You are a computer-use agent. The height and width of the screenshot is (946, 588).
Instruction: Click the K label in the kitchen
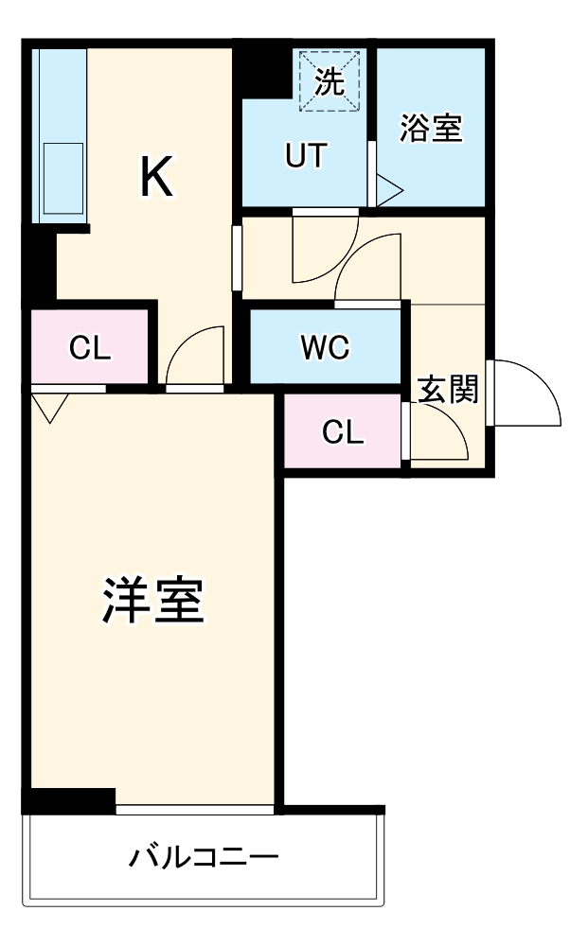pos(157,177)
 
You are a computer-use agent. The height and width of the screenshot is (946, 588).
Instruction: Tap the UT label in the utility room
pos(305,156)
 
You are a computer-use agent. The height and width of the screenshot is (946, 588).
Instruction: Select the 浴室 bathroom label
pos(431,130)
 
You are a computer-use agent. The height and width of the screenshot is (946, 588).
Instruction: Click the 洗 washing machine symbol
pos(330,82)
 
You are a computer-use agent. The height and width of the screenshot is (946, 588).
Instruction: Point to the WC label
pos(326,348)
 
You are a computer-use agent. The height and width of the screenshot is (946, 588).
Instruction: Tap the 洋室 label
pos(152,602)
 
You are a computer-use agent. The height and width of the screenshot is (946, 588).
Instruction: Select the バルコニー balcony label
pos(205,859)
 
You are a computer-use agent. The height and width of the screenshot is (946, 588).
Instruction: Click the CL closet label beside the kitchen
pos(90,348)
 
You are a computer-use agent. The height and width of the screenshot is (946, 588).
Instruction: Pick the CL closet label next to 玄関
pos(343,431)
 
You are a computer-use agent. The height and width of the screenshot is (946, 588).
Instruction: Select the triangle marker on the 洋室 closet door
pos(48,407)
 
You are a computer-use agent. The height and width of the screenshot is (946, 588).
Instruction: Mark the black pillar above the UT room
pos(262,69)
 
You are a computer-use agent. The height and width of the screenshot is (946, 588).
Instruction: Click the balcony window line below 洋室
pos(195,810)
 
